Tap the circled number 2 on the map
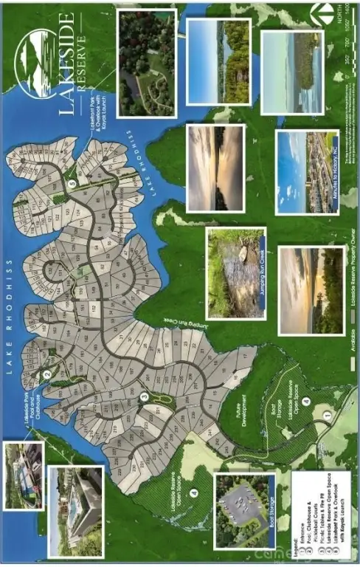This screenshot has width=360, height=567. click(x=46, y=374)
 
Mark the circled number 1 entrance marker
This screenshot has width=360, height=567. click(x=329, y=416)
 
